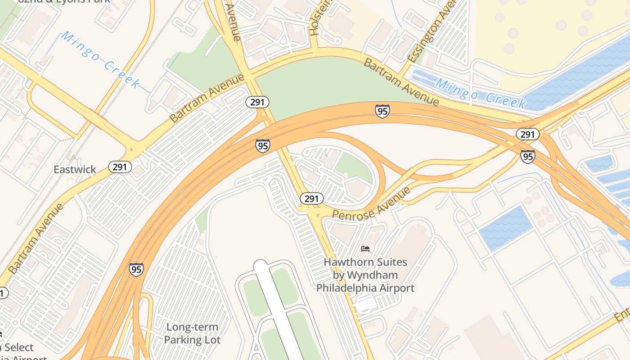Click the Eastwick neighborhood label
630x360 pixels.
click(x=75, y=170)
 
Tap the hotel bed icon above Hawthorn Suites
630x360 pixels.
click(x=365, y=248)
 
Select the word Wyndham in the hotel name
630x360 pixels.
click(x=372, y=275)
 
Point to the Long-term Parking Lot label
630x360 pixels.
click(x=192, y=333)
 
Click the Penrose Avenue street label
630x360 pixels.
click(x=372, y=203)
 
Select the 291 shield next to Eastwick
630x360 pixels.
click(x=120, y=167)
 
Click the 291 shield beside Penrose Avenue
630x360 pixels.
click(x=311, y=198)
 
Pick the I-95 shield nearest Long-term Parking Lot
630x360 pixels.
click(x=136, y=269)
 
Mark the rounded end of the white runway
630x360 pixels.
click(x=261, y=265)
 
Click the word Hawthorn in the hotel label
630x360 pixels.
click(x=343, y=262)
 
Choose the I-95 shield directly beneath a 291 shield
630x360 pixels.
click(x=527, y=156)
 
